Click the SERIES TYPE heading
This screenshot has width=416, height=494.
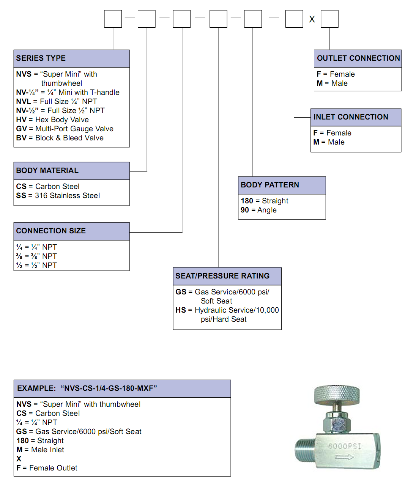coord(41,58)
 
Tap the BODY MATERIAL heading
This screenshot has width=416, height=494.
coord(47,171)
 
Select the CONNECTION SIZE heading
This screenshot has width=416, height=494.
coord(51,231)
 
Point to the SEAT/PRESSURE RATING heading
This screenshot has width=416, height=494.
coord(222,276)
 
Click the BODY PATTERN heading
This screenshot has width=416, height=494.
coord(269,185)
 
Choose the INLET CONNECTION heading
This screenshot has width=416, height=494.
coord(351,117)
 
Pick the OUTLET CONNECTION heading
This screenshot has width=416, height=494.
coord(358,58)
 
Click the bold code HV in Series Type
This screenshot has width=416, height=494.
coord(21,120)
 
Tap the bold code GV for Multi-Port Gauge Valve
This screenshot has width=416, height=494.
coord(21,129)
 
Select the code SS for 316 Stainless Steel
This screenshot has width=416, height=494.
coord(21,196)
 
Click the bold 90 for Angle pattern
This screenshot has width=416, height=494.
coord(244,210)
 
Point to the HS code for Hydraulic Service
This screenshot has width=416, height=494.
coord(181,310)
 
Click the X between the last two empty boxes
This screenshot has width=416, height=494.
coord(312,19)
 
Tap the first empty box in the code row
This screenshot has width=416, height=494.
coord(113,19)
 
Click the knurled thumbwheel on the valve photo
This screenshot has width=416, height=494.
coord(337,395)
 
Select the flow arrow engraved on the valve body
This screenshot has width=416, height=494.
coord(345,457)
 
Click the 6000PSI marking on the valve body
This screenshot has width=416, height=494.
coord(345,446)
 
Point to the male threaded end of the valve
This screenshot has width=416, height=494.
coord(305,450)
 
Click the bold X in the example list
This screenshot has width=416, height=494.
coord(19,459)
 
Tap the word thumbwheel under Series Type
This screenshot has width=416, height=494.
coord(61,83)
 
